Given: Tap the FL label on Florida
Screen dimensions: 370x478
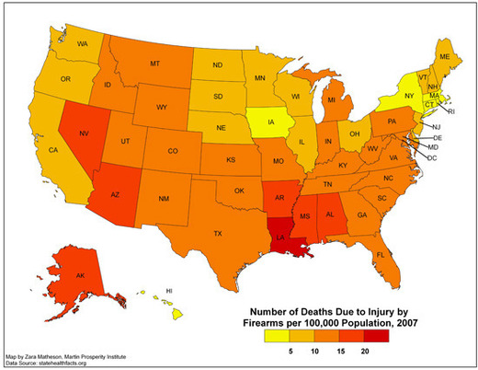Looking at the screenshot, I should (x=380, y=253).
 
